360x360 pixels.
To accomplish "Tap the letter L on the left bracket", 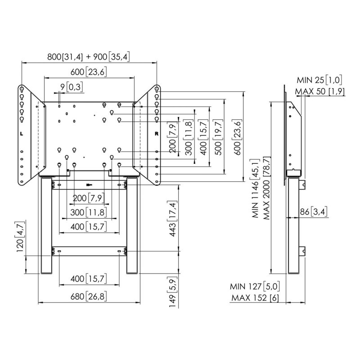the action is (x=22, y=134).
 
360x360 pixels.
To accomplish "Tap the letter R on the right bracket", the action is (x=157, y=134).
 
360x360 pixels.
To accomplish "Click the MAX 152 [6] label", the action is (x=255, y=298).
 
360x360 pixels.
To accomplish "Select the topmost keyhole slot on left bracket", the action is (x=22, y=89).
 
